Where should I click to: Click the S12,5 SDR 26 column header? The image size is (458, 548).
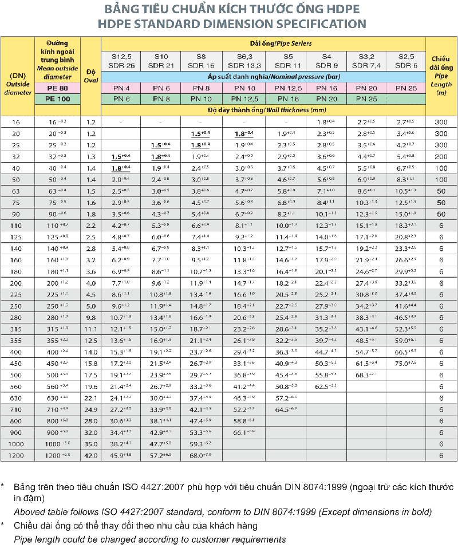click(x=121, y=61)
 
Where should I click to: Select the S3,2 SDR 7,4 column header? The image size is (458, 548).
click(x=366, y=61)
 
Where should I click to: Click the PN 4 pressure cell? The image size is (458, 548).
click(x=121, y=88)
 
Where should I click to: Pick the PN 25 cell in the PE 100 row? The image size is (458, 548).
click(x=366, y=99)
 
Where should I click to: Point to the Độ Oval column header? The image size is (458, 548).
click(x=90, y=75)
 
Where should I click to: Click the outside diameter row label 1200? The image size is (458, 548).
click(x=17, y=455)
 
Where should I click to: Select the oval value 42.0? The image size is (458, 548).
click(x=90, y=455)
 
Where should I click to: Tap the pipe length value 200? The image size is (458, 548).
click(x=441, y=155)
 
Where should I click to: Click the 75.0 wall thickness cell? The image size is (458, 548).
click(x=405, y=362)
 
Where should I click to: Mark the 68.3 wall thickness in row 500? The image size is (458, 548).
click(x=366, y=374)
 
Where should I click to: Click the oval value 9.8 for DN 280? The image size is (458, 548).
click(x=90, y=317)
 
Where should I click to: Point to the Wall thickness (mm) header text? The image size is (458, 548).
click(x=293, y=109)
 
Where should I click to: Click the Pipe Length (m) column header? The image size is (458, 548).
click(x=441, y=75)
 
